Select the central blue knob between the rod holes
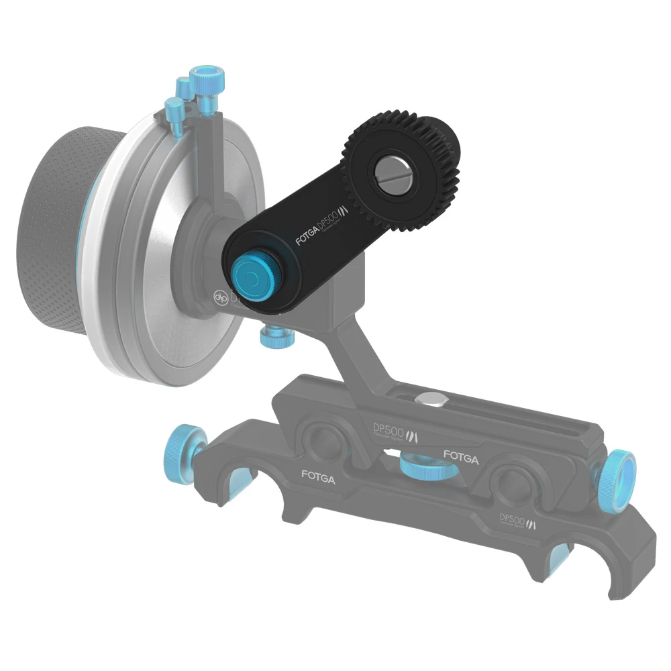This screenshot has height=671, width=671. pos(422,466)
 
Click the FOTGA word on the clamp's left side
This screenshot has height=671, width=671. pos(319,478)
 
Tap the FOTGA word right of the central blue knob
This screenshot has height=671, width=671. pos(460,460)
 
